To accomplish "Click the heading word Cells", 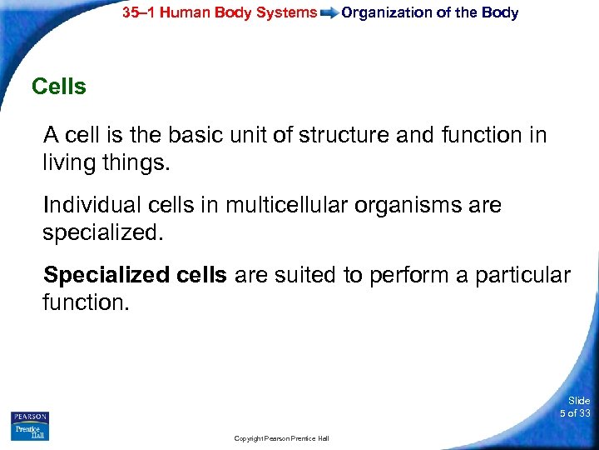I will pos(58,87).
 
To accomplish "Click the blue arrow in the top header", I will pos(329,13).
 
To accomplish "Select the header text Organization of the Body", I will pos(429,12).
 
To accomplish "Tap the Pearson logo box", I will pos(30,417).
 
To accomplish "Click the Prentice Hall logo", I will pos(30,432).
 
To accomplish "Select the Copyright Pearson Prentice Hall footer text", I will pos(282,438).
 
